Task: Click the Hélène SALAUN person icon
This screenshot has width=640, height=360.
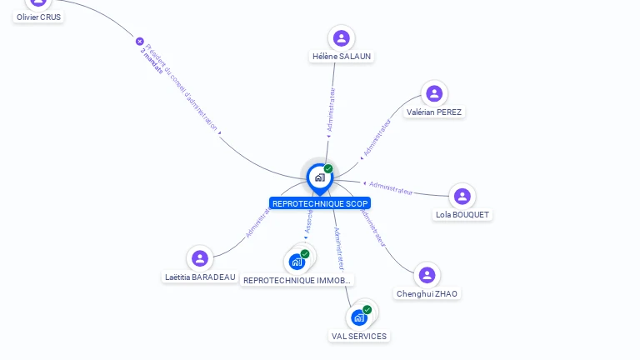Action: [341, 37]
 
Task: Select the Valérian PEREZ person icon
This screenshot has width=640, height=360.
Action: [433, 93]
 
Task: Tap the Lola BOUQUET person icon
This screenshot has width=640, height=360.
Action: [462, 196]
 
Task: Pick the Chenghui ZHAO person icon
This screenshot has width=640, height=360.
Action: [427, 275]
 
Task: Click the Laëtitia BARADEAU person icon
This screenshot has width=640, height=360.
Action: [199, 258]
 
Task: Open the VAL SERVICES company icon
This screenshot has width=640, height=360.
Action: [359, 317]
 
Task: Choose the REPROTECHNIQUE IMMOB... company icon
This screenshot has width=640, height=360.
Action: [297, 262]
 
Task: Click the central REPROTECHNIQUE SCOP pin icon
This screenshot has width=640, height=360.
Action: [319, 177]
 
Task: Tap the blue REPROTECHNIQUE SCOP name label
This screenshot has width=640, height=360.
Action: [320, 203]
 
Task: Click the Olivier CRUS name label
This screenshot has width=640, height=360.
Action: [39, 17]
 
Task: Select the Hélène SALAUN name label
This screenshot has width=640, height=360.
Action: [342, 57]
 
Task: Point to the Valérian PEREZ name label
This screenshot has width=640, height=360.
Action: [434, 112]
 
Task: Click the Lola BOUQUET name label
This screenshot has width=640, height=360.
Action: [463, 214]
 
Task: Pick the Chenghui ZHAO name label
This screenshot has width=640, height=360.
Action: [427, 293]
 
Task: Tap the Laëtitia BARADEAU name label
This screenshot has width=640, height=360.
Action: [200, 277]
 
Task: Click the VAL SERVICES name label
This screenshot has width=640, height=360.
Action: [359, 336]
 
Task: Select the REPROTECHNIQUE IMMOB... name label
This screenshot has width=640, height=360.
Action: [297, 281]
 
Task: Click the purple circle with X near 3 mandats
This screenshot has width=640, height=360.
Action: [140, 41]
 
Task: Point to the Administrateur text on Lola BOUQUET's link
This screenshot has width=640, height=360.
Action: [391, 187]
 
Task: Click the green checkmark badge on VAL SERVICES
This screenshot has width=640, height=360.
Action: [367, 310]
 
